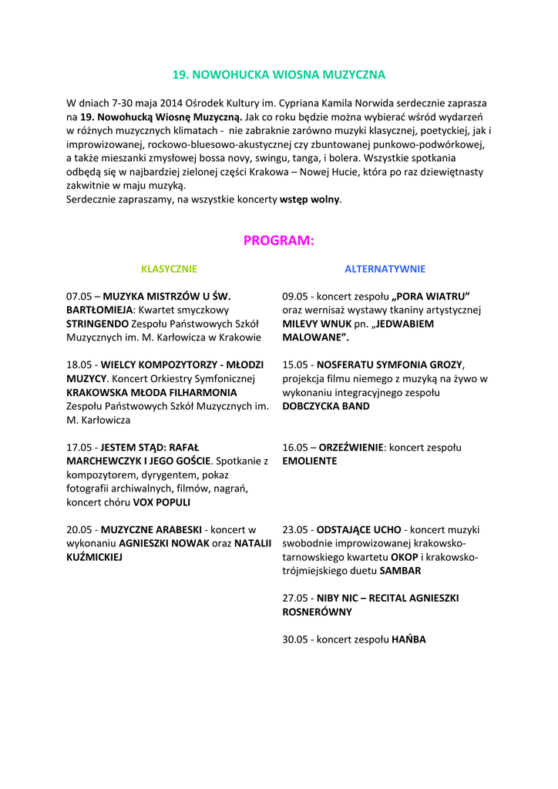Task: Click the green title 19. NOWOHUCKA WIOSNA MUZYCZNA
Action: (x=278, y=75)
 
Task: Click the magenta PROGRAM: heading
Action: (x=278, y=240)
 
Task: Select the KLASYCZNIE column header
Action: (x=169, y=269)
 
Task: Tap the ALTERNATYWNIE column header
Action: (x=385, y=269)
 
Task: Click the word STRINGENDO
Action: (x=97, y=324)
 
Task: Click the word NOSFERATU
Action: (x=345, y=364)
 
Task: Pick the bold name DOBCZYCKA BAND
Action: (x=326, y=406)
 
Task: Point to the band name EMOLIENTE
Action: (x=309, y=462)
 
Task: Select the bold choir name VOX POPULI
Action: (x=162, y=502)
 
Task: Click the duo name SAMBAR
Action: (x=400, y=571)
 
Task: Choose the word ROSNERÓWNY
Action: (x=317, y=612)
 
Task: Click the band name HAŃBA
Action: (x=408, y=640)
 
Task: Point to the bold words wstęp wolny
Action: (x=309, y=200)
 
